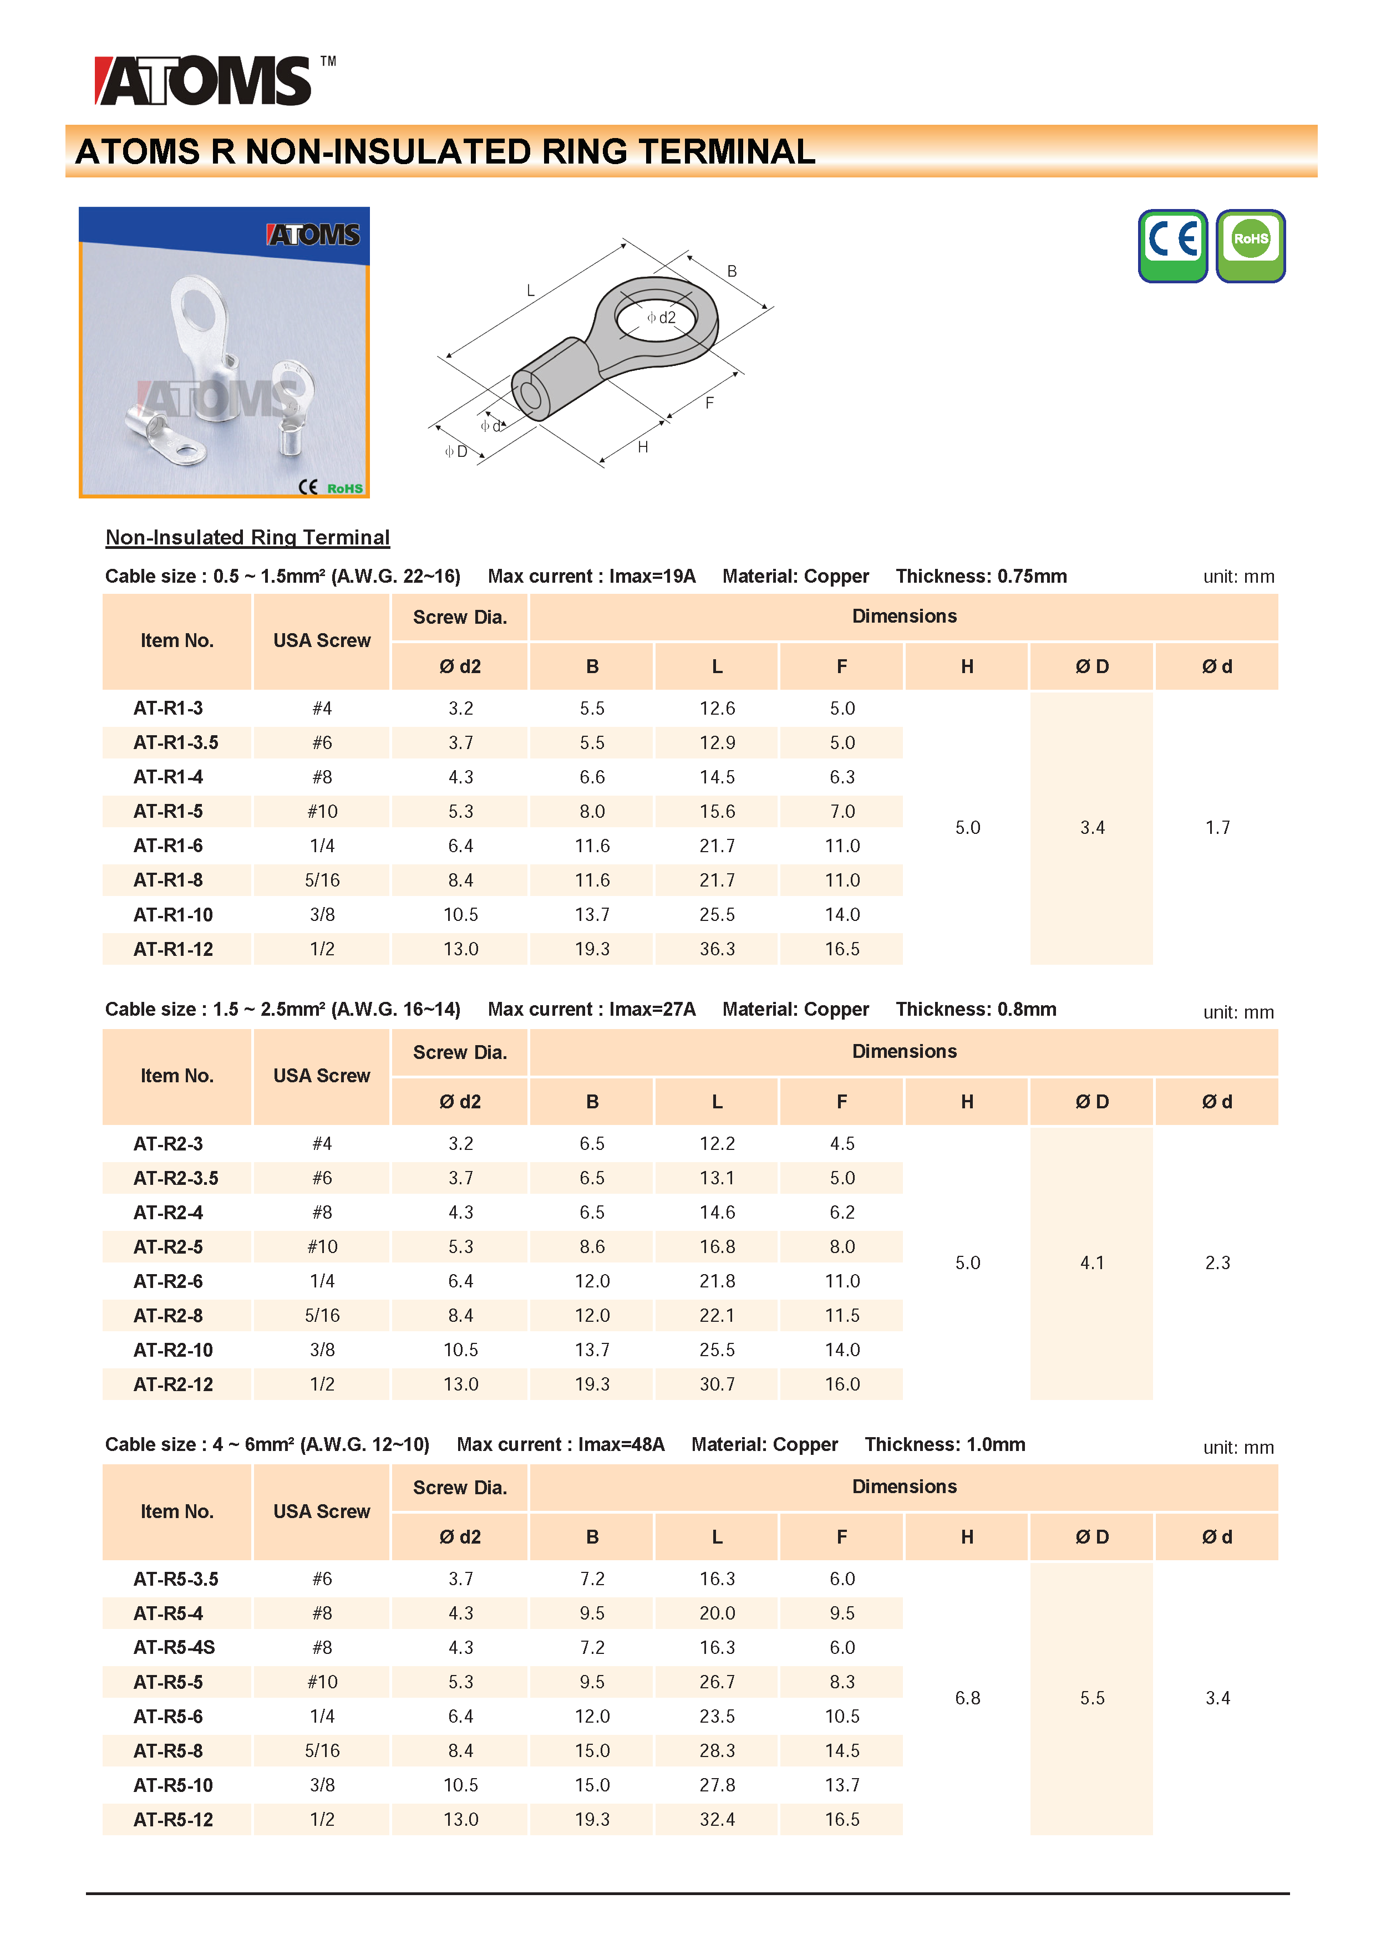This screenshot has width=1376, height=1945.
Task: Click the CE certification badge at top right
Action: coord(1172,245)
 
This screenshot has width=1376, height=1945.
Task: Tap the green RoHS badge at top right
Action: coord(1251,245)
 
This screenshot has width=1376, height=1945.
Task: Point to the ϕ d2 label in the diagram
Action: coord(662,318)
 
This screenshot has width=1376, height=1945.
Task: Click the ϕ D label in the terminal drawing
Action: coord(456,451)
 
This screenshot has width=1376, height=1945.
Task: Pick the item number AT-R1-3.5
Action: coord(175,743)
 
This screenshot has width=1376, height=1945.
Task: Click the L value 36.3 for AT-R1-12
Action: coord(717,950)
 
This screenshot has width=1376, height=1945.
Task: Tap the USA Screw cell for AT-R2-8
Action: coord(322,1316)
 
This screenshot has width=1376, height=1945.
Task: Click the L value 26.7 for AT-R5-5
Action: coord(717,1682)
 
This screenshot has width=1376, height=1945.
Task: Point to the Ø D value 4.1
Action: coord(1092,1263)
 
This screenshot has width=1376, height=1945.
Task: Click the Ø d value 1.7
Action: coord(1217,828)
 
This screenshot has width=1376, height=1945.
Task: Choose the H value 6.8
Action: coord(968,1698)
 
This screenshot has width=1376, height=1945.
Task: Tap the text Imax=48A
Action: coord(621,1445)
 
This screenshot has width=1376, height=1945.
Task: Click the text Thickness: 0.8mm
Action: coord(976,1010)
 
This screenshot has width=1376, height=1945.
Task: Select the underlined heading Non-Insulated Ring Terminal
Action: coord(247,537)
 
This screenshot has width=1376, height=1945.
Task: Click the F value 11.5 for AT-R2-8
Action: coord(842,1316)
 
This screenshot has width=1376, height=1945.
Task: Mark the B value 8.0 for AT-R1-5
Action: coord(592,812)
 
